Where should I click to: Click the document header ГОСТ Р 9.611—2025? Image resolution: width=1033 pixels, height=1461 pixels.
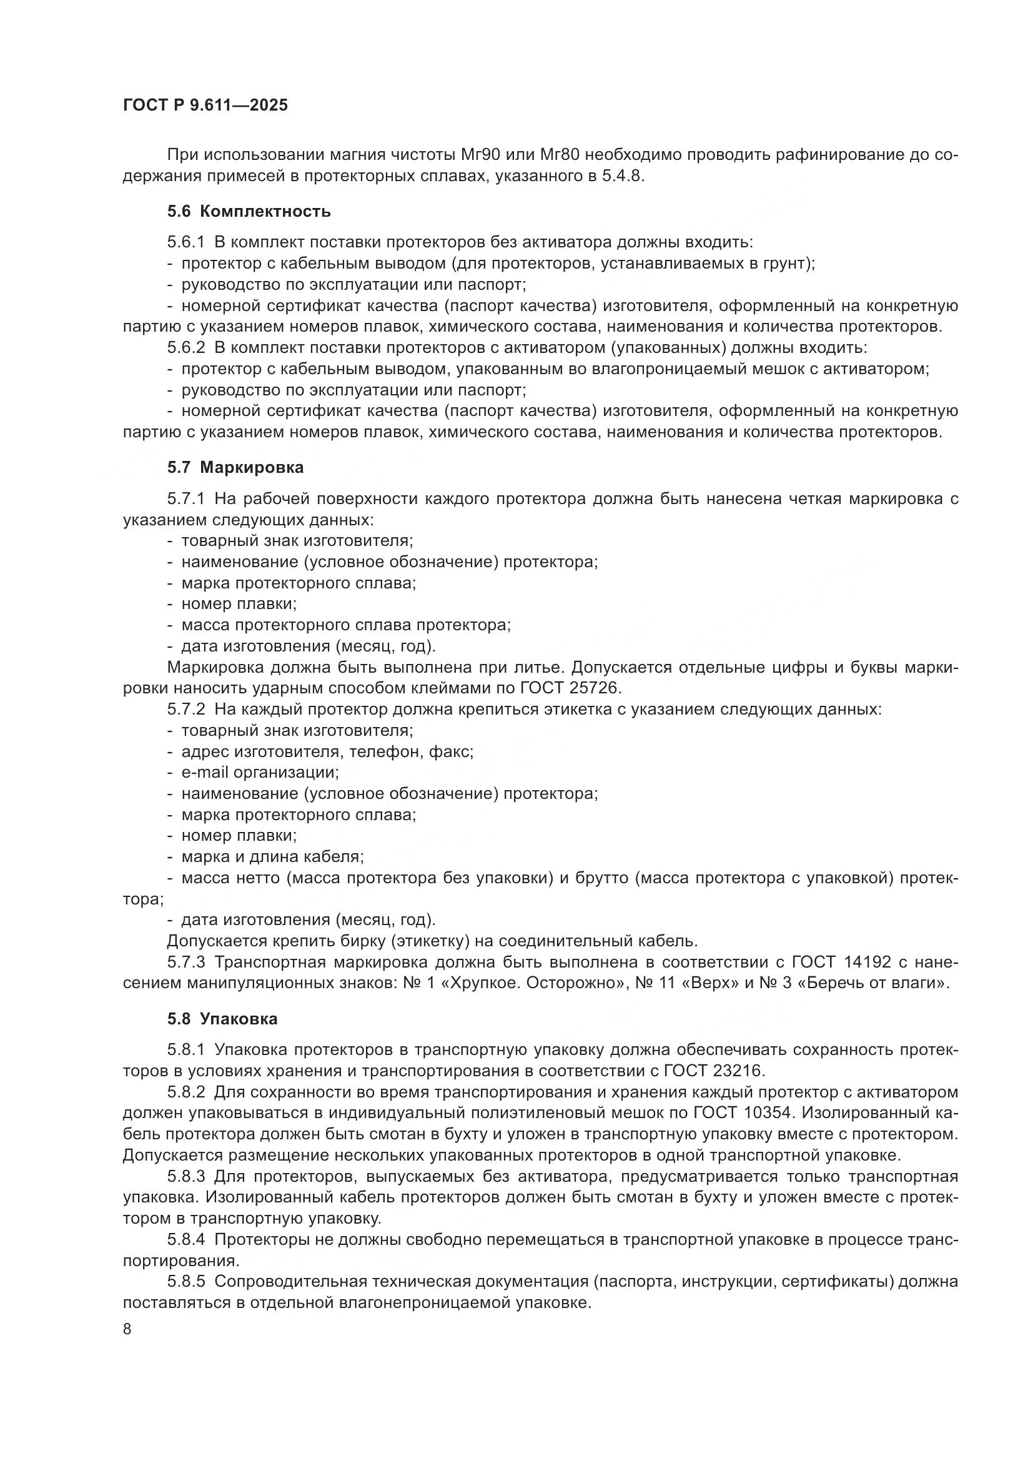tap(205, 105)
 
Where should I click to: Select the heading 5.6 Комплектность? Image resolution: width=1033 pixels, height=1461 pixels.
tap(249, 211)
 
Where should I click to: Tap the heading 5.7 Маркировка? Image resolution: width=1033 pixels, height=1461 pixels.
tap(235, 467)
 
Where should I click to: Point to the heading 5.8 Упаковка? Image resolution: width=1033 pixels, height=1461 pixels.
tap(222, 1019)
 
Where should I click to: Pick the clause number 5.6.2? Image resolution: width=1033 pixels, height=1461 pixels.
tap(186, 347)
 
